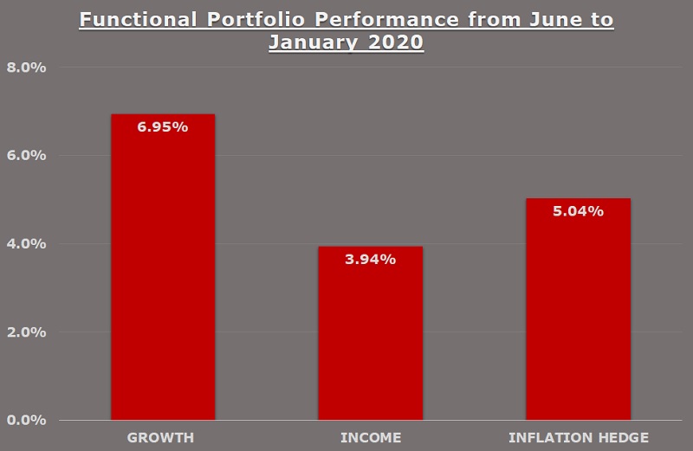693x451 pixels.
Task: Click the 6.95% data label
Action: [x=163, y=127]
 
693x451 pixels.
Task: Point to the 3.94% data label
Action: [x=370, y=259]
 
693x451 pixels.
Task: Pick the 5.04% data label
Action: [x=578, y=211]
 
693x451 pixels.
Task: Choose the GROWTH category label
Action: [x=162, y=436]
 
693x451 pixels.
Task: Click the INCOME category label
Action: [x=370, y=436]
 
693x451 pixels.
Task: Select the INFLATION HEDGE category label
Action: [x=578, y=436]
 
